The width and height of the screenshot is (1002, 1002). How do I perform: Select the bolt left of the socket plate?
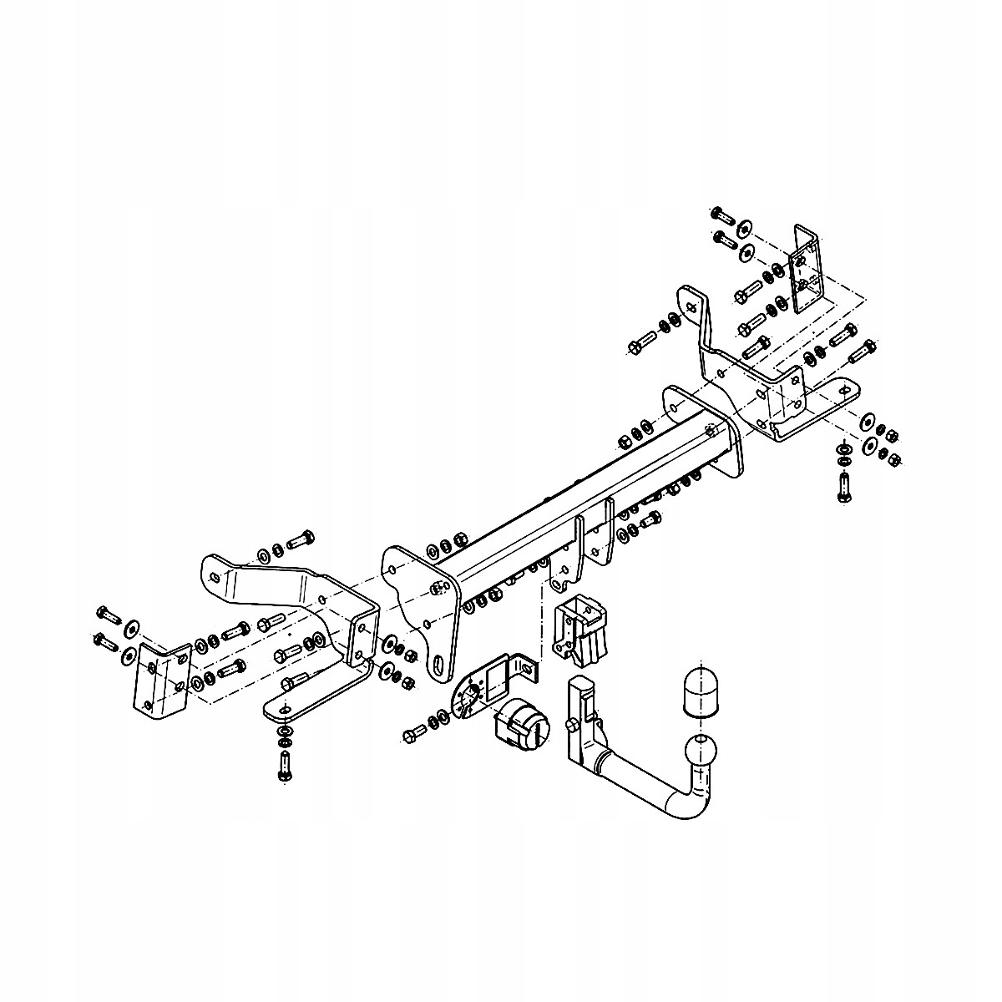(414, 732)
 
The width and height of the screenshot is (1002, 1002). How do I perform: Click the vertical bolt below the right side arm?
(844, 487)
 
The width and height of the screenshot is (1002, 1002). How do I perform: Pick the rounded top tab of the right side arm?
(689, 302)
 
